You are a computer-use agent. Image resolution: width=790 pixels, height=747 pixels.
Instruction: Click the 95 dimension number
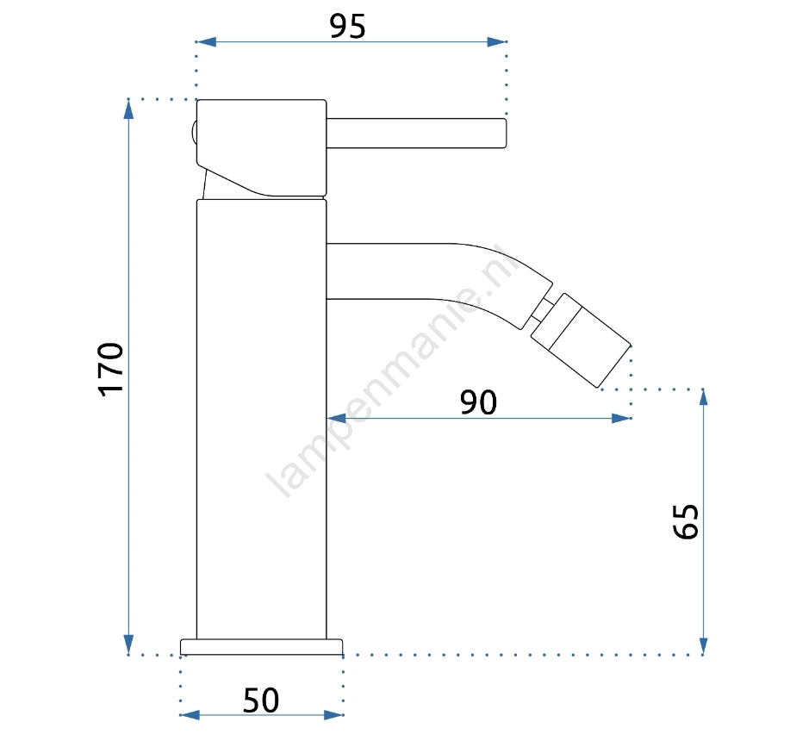point(348,26)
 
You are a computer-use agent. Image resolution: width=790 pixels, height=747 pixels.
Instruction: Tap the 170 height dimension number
point(111,370)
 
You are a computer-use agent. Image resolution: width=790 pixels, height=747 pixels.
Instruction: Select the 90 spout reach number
point(478,402)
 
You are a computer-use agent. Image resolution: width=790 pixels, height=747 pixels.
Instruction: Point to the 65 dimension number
point(686,521)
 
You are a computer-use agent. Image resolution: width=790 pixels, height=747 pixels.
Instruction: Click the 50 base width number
point(261,700)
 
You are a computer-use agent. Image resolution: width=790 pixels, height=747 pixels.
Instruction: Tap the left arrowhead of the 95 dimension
point(206,42)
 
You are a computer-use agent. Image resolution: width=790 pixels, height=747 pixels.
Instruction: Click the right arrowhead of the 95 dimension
point(497,42)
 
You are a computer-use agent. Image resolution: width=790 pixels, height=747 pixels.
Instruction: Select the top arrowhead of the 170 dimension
point(129,109)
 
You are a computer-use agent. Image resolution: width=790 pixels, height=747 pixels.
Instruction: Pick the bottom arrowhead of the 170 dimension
point(129,644)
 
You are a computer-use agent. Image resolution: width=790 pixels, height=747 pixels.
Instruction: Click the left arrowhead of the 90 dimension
point(337,418)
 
